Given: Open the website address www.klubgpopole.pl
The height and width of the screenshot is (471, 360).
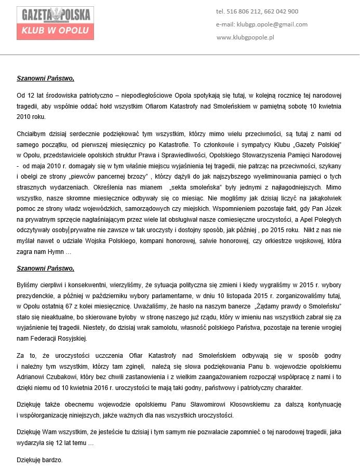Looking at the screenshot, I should click(245, 37).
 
